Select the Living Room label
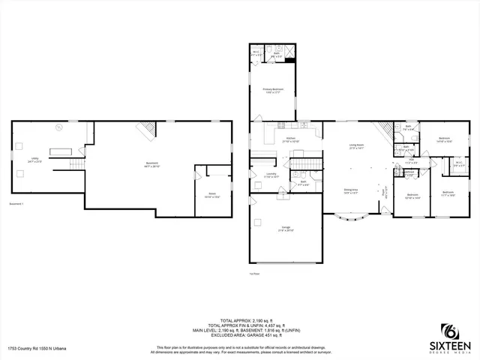(355, 146)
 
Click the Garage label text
(286, 227)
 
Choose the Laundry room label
(271, 177)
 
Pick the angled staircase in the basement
(143, 130)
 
